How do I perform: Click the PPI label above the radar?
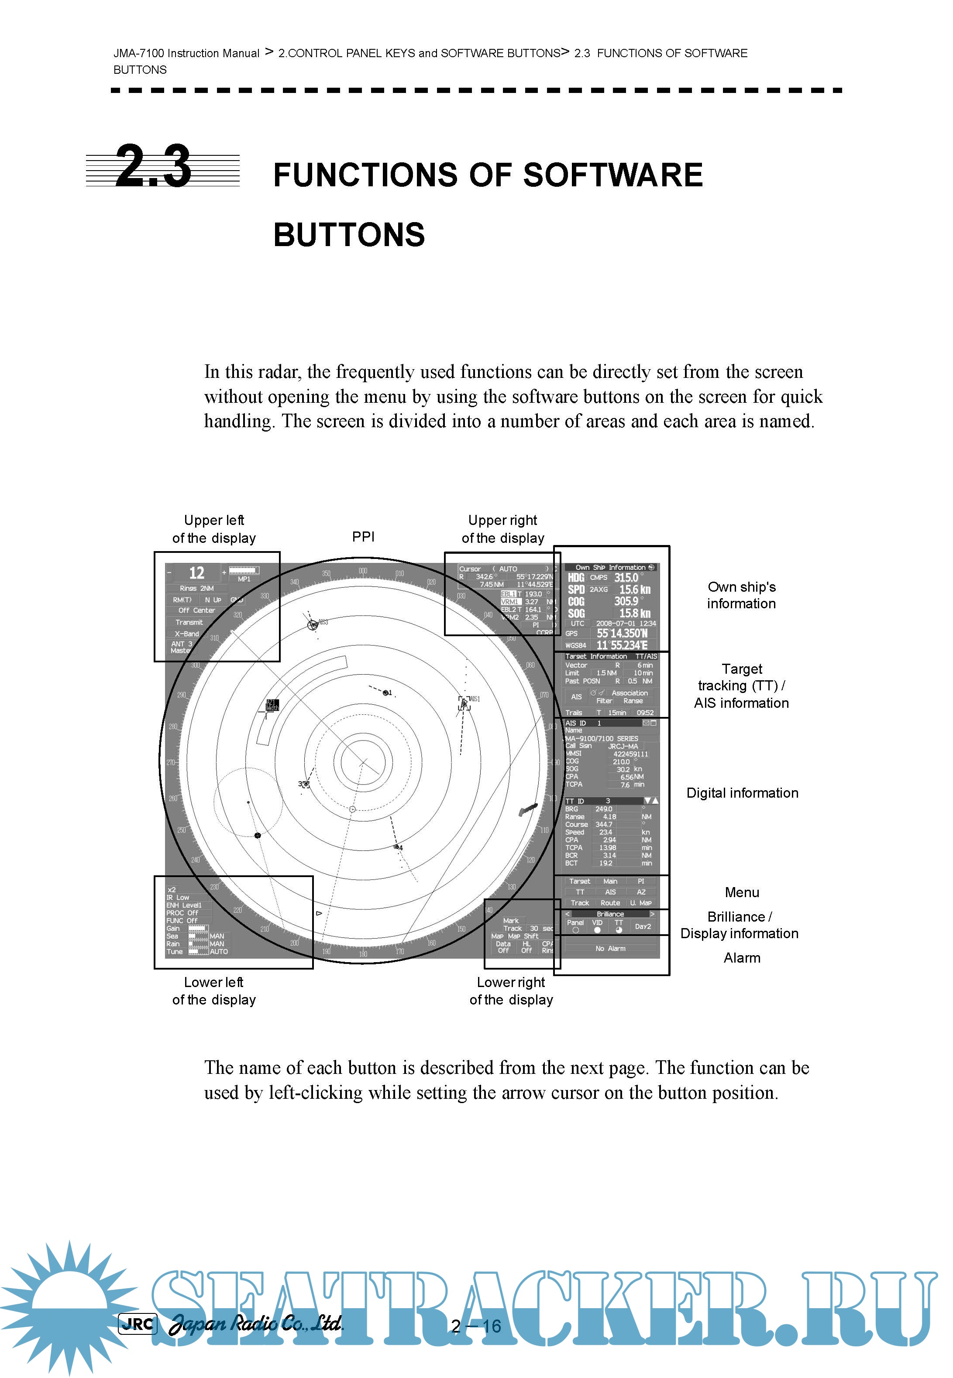point(363,537)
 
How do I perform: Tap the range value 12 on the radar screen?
point(196,573)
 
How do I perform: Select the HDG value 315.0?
point(626,578)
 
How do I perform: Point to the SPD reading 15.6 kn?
point(634,590)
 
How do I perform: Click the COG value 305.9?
point(626,602)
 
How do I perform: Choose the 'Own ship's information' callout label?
point(741,595)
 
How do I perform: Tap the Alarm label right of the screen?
point(742,958)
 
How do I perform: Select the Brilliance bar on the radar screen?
point(610,914)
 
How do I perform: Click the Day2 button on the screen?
point(643,926)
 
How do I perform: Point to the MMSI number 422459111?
point(630,754)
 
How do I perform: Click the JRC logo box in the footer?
point(138,1324)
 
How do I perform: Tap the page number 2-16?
point(476,1326)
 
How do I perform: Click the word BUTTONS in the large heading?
point(349,235)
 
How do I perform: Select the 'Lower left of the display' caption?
point(214,991)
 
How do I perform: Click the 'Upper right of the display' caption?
point(503,529)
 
